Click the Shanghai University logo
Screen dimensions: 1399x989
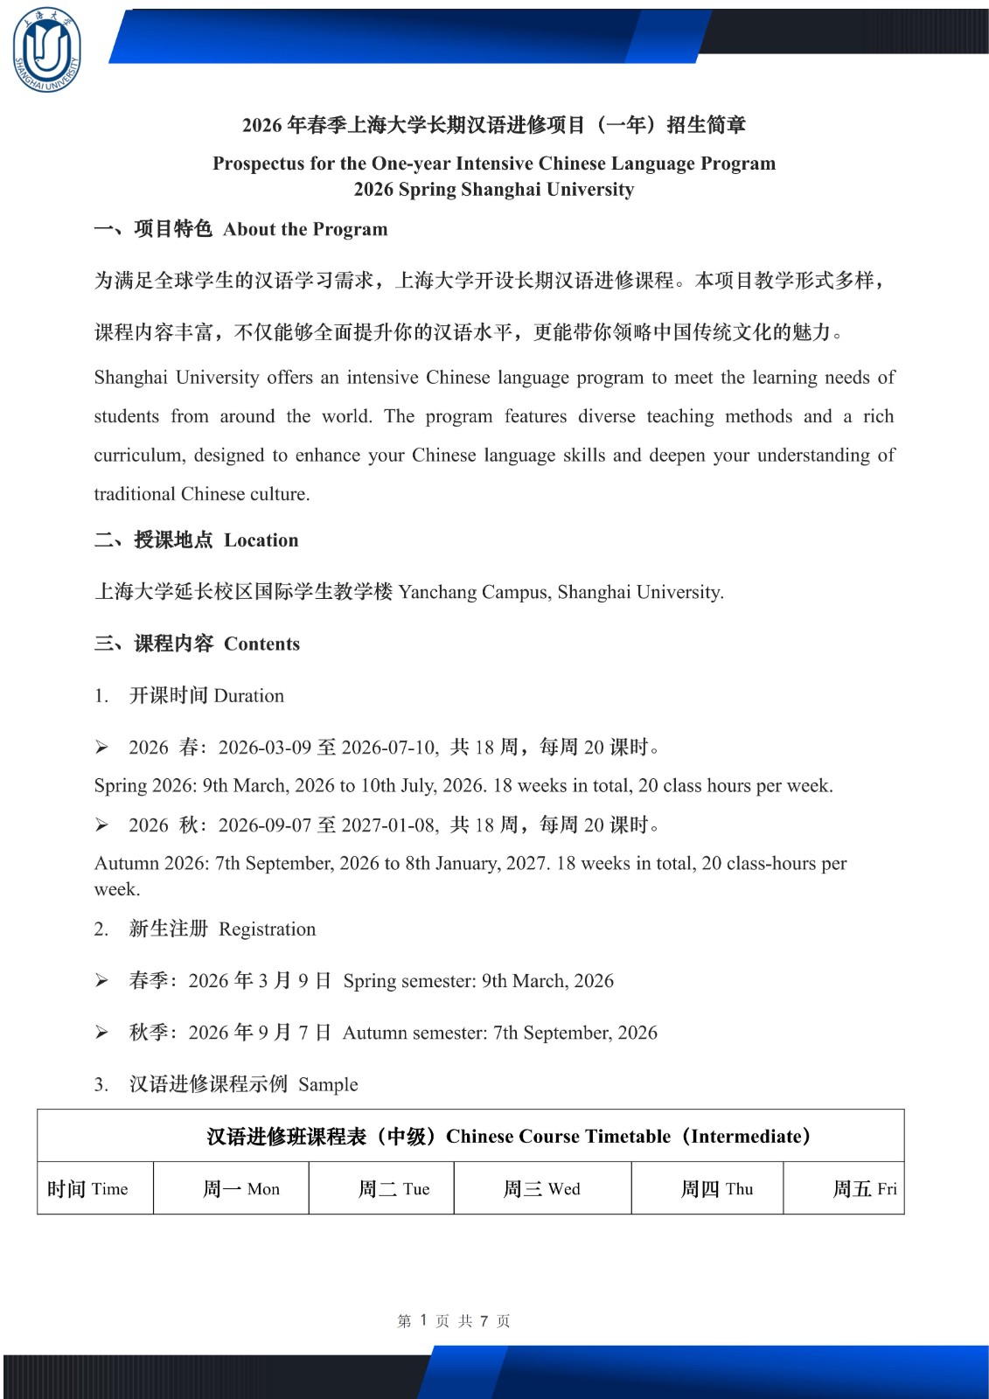coord(46,49)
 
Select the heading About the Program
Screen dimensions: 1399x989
coord(304,229)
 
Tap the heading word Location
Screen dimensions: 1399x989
coord(261,540)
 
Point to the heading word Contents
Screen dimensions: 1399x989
coord(261,644)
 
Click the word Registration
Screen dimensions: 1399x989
coord(267,929)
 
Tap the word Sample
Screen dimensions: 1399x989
coord(328,1085)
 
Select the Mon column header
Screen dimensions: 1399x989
coord(240,1189)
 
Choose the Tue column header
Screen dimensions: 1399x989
coord(394,1189)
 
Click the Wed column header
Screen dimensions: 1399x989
coord(541,1189)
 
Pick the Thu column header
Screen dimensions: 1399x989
coord(716,1189)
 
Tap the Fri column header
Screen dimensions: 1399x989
coord(864,1189)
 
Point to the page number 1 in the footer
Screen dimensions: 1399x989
coord(423,1320)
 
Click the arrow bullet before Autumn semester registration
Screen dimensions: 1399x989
coord(101,1034)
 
